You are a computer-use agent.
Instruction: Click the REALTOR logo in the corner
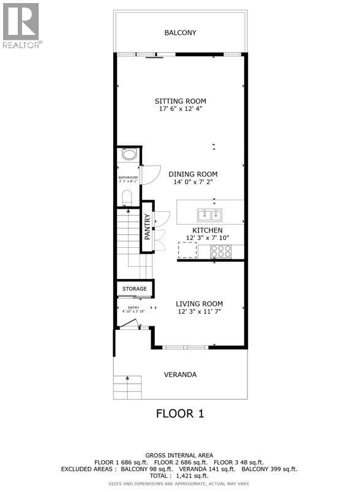click(x=21, y=26)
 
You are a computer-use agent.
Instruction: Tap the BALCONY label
click(x=180, y=32)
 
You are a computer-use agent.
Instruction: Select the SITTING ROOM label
click(x=180, y=101)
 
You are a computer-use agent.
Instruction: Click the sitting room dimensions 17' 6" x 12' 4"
click(x=180, y=110)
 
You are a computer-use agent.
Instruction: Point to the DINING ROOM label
click(x=193, y=174)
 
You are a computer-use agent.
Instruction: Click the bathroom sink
click(x=129, y=154)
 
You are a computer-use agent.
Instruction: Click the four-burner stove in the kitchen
click(x=221, y=250)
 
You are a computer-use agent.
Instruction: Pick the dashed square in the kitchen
click(x=187, y=250)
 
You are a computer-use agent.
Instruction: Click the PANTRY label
click(x=147, y=226)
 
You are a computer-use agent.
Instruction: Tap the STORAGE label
click(x=134, y=288)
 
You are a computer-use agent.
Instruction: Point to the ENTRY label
click(x=133, y=307)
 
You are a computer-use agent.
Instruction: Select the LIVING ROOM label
click(x=199, y=304)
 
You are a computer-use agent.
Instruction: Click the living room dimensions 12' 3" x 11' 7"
click(x=199, y=312)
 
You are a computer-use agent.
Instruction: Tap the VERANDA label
click(x=180, y=375)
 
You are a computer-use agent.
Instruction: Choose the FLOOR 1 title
click(x=179, y=414)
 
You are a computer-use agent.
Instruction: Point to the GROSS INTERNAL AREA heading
click(x=179, y=455)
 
